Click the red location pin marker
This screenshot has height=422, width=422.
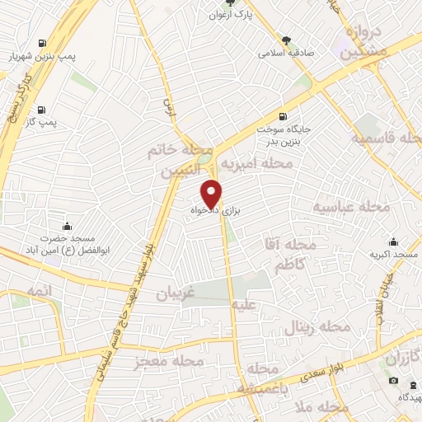212,193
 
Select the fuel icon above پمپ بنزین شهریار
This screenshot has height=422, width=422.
41,42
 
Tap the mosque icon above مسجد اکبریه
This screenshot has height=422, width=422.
394,241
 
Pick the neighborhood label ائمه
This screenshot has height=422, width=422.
39,292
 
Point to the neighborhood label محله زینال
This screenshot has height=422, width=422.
317,327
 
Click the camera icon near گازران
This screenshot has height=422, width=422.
393,380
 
